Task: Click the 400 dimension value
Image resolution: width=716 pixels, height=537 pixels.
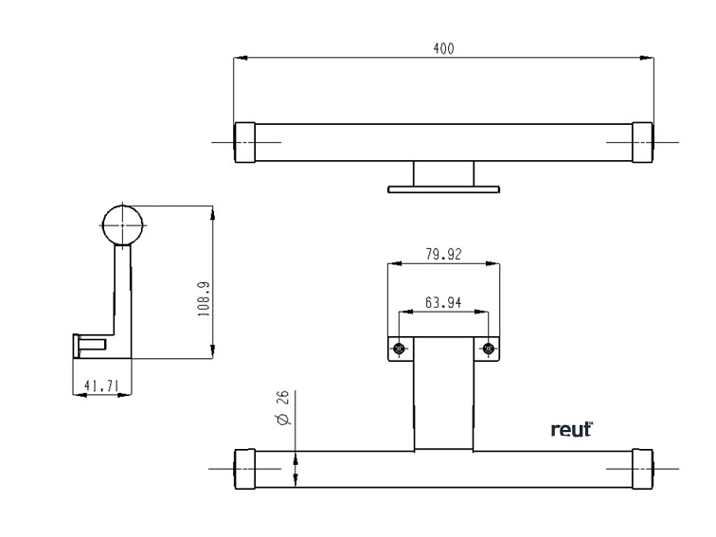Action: (443, 48)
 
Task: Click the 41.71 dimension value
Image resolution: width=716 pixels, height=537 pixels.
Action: (102, 385)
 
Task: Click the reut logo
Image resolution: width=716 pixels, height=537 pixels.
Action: (571, 430)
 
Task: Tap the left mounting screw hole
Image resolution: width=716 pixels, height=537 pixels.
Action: (399, 349)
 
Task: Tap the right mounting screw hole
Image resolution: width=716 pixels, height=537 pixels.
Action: (489, 349)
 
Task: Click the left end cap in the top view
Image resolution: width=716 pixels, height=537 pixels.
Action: (245, 142)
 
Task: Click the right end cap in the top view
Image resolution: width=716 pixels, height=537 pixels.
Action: (642, 142)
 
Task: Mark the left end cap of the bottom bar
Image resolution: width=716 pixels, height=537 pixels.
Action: (245, 469)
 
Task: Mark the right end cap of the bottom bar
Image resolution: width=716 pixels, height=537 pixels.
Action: (642, 469)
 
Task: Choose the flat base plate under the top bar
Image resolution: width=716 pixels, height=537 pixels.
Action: (443, 189)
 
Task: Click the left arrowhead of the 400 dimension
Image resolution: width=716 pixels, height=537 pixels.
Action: (240, 59)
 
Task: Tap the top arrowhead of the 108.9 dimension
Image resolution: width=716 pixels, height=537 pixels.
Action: (212, 211)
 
